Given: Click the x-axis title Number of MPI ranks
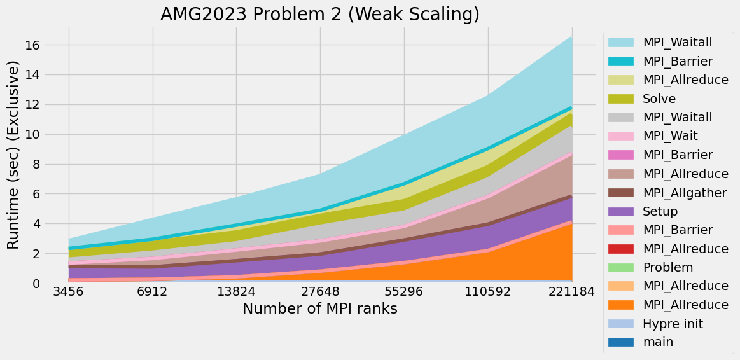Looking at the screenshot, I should [320, 309].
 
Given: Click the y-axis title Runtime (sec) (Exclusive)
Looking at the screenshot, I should [13, 155].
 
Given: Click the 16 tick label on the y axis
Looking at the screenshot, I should [33, 45].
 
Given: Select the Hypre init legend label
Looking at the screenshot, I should [673, 324].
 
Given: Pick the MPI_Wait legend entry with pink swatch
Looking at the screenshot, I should [671, 136].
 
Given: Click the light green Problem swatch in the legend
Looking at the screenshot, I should [621, 267].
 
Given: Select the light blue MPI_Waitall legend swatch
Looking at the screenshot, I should [621, 43].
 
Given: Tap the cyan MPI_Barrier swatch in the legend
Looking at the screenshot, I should [621, 61].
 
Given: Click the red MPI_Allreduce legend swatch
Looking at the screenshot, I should [621, 249].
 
